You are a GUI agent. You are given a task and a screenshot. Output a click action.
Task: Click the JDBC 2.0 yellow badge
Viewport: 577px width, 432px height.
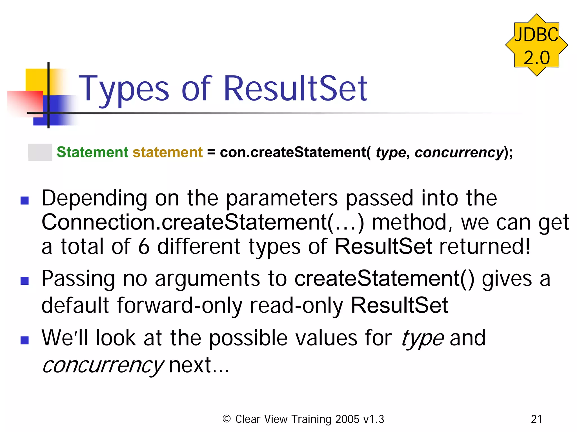[x=536, y=45]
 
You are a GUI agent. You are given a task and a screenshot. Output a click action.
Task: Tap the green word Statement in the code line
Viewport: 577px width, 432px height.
[x=92, y=152]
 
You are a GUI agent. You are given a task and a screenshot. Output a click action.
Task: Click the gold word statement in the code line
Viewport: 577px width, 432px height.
[x=167, y=152]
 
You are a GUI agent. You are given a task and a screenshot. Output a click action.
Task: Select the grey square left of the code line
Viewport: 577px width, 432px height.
[x=40, y=152]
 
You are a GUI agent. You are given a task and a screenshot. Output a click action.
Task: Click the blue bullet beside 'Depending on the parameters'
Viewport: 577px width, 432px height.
[x=25, y=200]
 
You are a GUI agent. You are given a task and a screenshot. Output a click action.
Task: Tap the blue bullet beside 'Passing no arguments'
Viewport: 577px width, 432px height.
[x=25, y=281]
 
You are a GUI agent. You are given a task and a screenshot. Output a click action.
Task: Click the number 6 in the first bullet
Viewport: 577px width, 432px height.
[x=144, y=247]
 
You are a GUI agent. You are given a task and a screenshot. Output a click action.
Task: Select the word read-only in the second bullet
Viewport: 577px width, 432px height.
[x=296, y=305]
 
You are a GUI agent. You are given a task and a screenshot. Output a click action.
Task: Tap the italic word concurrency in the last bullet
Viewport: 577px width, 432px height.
[x=103, y=365]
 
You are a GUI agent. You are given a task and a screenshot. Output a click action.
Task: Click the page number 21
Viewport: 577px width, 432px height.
[x=536, y=419]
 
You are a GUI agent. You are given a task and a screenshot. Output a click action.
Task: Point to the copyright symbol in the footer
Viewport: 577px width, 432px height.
[x=227, y=419]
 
